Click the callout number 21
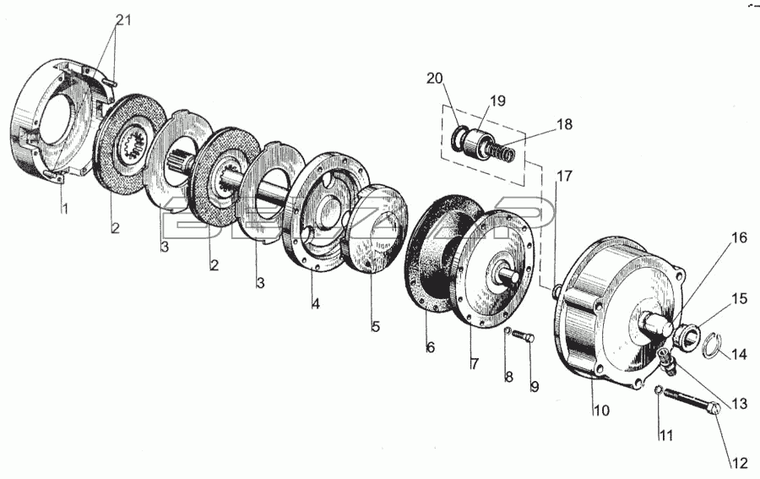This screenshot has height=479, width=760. [x=123, y=20]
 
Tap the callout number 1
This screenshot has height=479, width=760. [x=64, y=209]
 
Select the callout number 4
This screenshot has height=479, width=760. [x=316, y=304]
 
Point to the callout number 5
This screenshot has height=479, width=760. [x=376, y=326]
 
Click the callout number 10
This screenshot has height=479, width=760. [x=601, y=411]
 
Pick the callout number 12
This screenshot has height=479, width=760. [x=740, y=464]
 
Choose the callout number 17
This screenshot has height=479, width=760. [x=564, y=176]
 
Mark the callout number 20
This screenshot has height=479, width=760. [x=435, y=78]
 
